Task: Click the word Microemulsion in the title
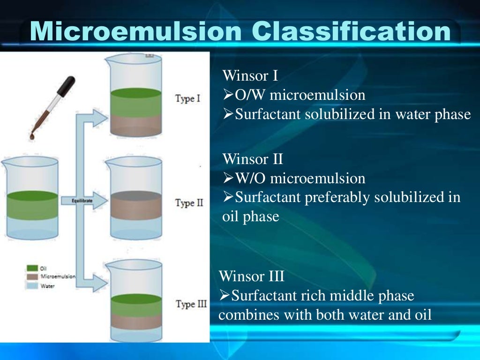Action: point(136,31)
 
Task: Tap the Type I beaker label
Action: point(187,99)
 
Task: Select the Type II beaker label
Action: point(189,203)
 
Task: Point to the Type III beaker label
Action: point(191,304)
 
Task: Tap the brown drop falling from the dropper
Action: point(32,135)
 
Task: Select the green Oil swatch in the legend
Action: point(32,268)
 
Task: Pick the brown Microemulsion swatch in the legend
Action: point(32,277)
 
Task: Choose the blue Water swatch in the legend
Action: point(32,285)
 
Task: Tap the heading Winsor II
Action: point(253,159)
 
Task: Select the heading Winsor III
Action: point(251,276)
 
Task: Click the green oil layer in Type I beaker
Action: point(135,100)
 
